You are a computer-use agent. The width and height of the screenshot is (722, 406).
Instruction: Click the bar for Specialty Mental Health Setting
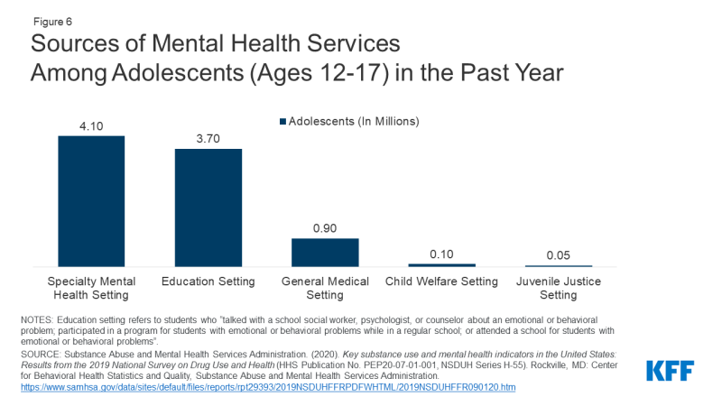click(x=91, y=200)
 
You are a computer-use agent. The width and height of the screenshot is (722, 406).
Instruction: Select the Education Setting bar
click(x=208, y=208)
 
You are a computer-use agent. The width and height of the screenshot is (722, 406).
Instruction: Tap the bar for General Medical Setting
click(x=325, y=252)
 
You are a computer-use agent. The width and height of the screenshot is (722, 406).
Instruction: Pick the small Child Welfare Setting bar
click(x=441, y=264)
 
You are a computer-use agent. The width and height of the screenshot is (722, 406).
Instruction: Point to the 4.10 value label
click(x=91, y=127)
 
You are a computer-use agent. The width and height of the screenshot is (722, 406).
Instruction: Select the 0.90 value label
click(x=325, y=229)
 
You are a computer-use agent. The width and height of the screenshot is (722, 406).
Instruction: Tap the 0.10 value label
click(x=441, y=254)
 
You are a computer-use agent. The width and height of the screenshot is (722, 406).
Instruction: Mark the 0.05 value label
click(x=559, y=255)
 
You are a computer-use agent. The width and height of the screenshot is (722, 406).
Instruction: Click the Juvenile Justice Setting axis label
click(x=559, y=288)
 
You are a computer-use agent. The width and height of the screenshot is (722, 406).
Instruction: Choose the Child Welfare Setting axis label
click(x=441, y=281)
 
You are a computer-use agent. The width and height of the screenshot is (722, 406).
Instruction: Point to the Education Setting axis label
click(x=208, y=281)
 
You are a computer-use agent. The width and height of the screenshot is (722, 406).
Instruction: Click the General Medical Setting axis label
click(x=325, y=288)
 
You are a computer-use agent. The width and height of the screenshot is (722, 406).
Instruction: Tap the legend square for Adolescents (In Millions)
click(x=282, y=121)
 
